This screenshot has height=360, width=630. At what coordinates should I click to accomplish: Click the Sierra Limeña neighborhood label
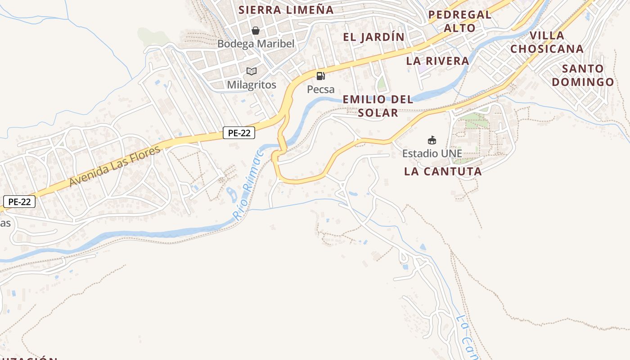tap(286, 10)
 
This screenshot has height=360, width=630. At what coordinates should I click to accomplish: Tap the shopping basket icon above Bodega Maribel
tap(256, 31)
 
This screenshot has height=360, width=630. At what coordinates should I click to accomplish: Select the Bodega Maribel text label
tap(256, 44)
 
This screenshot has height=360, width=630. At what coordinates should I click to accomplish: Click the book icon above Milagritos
tap(251, 71)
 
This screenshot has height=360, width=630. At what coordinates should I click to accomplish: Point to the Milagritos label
tap(251, 84)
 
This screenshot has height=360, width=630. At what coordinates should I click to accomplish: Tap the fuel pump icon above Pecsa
tap(320, 76)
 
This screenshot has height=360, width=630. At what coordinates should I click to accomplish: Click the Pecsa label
tap(320, 89)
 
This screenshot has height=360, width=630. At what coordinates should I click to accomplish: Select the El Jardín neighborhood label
tap(373, 37)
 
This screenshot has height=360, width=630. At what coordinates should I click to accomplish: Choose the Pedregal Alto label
tap(459, 21)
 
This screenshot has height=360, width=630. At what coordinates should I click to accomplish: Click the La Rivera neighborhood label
tap(437, 61)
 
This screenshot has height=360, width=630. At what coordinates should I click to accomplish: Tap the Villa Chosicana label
tap(547, 42)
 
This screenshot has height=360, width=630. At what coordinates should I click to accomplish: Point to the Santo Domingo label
tap(583, 75)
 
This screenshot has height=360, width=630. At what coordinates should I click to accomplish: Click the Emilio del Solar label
tap(378, 106)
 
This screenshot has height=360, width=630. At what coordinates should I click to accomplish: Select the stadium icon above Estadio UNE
tap(432, 140)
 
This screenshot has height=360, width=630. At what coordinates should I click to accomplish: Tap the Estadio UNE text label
tap(432, 153)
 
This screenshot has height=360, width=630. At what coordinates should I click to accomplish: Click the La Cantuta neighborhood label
tap(443, 171)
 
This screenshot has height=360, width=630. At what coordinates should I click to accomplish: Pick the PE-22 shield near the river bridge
tap(239, 133)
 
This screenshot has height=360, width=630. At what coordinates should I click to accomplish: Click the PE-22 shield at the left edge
tap(19, 202)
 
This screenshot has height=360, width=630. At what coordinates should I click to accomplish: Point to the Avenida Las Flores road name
tap(115, 166)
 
